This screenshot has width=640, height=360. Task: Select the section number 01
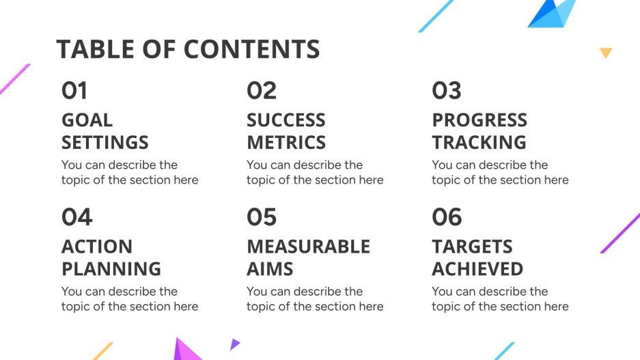pos(74,91)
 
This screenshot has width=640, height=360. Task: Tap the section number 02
pos(262,91)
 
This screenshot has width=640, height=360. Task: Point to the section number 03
pos(447,91)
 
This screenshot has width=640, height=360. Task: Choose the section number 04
pos(76,217)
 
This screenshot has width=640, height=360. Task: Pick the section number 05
pos(262,217)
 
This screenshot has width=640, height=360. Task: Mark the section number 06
pos(447,217)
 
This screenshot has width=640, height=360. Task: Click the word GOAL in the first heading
pos(87,120)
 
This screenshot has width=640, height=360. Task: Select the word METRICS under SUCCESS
pos(286,143)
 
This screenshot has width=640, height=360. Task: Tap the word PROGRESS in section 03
pos(479,120)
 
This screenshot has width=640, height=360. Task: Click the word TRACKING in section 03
pos(479,143)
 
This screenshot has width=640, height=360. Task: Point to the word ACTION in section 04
pos(97,247)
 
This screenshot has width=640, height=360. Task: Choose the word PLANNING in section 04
pos(111,269)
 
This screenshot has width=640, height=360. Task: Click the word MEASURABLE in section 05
pos(308,247)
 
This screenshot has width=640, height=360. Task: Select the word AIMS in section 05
pos(270,269)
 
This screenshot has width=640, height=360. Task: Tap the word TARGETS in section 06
pos(472,247)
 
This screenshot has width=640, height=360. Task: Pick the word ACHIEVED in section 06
pos(477,269)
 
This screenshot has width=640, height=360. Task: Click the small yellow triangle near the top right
pos(606,53)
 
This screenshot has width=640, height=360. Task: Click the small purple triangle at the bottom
pos(234,344)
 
